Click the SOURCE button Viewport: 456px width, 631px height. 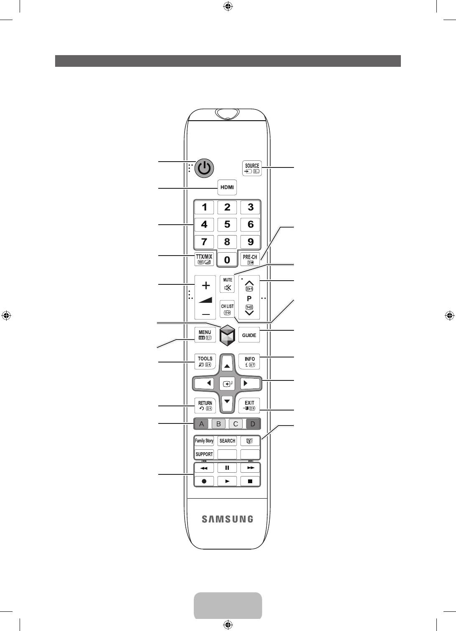pos(252,168)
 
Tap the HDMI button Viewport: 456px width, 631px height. pos(227,188)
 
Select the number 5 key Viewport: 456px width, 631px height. pos(227,225)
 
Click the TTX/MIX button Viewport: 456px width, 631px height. pos(204,259)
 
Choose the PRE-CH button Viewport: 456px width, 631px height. pos(250,259)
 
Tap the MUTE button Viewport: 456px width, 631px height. pos(227,284)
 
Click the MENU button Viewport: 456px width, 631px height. pos(205,335)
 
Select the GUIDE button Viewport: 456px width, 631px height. pos(249,335)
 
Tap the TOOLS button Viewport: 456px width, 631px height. pos(205,361)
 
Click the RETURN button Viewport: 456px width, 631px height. pos(205,405)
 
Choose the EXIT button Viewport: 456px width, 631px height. pos(249,405)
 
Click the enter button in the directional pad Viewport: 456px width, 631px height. pos(227,383)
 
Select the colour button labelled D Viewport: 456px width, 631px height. pos(253,424)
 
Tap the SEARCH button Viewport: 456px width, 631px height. pos(227,441)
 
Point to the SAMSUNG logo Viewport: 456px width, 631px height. pos(227,519)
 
